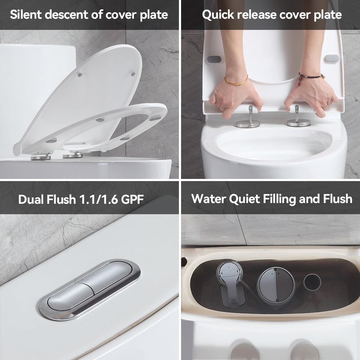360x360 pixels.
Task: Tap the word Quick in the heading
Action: coord(218,15)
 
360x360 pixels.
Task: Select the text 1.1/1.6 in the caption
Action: coord(99,199)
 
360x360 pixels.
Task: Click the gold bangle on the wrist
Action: coord(237,81)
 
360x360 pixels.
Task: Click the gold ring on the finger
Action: coord(325,107)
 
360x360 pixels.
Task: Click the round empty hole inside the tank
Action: coord(312,282)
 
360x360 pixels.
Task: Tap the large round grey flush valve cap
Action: coord(276,285)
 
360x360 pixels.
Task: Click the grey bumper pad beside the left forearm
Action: coord(214,59)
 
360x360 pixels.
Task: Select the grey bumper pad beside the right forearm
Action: coord(332,58)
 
